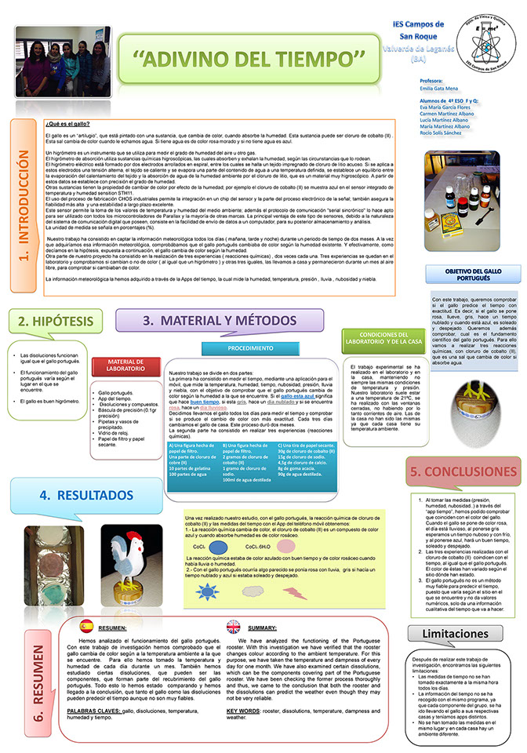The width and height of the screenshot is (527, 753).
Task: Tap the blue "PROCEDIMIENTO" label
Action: (228, 347)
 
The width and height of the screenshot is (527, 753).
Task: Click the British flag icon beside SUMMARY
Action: (234, 626)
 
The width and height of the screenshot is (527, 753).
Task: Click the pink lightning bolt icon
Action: (295, 593)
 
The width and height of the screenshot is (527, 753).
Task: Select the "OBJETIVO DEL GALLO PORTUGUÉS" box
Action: (473, 276)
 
